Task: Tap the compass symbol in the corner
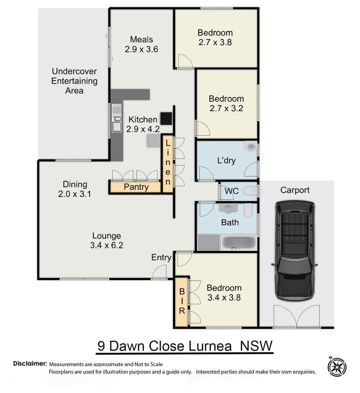point(337,366)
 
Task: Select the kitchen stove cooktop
point(166,118)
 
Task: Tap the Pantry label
point(136,187)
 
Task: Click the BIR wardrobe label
point(182,301)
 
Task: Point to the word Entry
point(161,257)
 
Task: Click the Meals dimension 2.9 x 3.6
point(141,49)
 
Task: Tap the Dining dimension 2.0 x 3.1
point(75,194)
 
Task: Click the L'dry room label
point(226,160)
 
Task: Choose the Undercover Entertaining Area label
point(74,81)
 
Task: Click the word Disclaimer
point(30,363)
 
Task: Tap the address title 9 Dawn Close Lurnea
point(185,346)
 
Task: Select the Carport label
point(295,190)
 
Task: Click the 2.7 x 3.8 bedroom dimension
point(215,42)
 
